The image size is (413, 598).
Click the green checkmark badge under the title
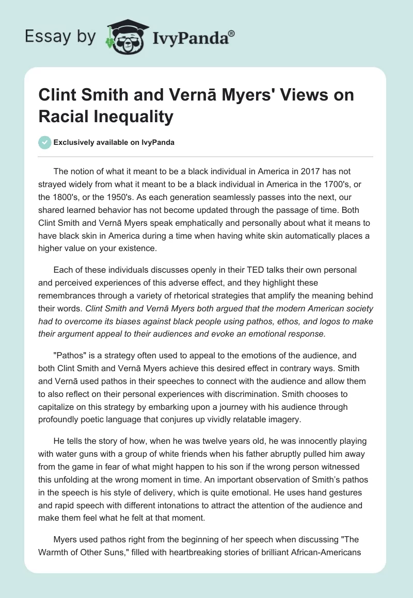click(45, 142)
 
